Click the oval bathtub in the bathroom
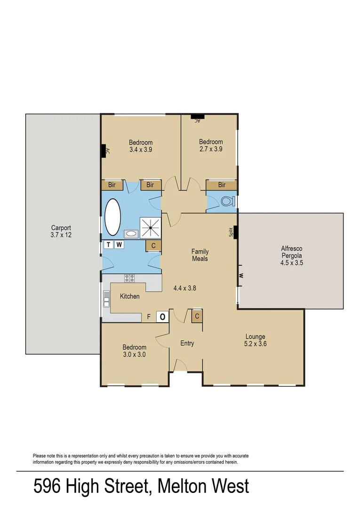[112, 217]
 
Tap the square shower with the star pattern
[151, 228]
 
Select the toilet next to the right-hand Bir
[227, 202]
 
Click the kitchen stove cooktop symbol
[129, 278]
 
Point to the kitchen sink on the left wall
[106, 300]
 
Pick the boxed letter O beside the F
[162, 317]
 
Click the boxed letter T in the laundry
[109, 245]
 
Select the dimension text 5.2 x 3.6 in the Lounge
[255, 344]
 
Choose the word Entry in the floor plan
[187, 343]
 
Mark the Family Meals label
[200, 255]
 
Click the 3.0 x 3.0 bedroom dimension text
[134, 355]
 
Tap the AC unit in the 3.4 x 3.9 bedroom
[103, 151]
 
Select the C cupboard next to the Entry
[197, 316]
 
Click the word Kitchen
[129, 296]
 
